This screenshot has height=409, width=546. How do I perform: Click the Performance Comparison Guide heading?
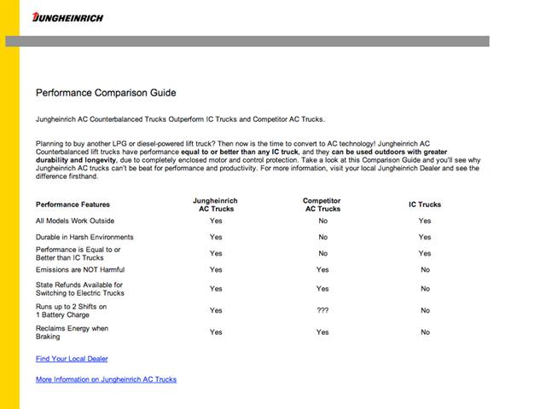pyautogui.click(x=106, y=92)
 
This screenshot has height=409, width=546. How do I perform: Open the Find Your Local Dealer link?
pyautogui.click(x=72, y=359)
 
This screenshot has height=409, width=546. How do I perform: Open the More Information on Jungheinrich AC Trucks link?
pyautogui.click(x=106, y=379)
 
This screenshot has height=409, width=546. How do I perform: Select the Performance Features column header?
pyautogui.click(x=73, y=204)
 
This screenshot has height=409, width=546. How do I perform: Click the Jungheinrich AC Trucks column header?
pyautogui.click(x=215, y=204)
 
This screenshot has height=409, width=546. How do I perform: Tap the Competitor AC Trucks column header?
pyautogui.click(x=322, y=204)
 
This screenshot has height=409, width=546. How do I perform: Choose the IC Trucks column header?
pyautogui.click(x=425, y=204)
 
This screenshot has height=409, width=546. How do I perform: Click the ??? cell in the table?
pyautogui.click(x=322, y=310)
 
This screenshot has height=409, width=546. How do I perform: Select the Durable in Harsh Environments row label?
pyautogui.click(x=84, y=237)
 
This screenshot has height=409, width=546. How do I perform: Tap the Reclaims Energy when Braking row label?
pyautogui.click(x=72, y=331)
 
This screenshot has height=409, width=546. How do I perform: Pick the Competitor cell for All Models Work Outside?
pyautogui.click(x=322, y=221)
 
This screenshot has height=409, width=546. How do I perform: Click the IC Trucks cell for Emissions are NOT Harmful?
pyautogui.click(x=425, y=269)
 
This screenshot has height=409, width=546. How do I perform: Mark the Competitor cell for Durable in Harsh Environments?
pyautogui.click(x=322, y=237)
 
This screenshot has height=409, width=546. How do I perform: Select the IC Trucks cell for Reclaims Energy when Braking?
pyautogui.click(x=425, y=332)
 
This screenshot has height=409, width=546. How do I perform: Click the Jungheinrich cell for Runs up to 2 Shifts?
pyautogui.click(x=215, y=310)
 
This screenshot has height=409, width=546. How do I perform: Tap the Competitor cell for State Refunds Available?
pyautogui.click(x=322, y=289)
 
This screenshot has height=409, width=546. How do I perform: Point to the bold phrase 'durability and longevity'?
pyautogui.click(x=75, y=159)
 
